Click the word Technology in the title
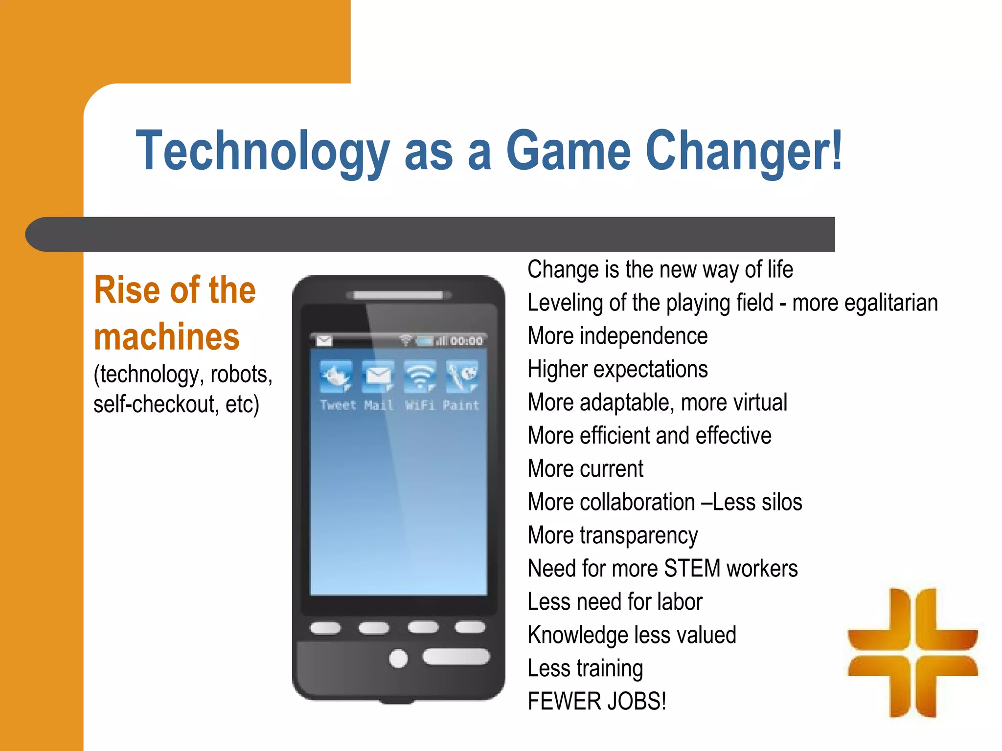pyautogui.click(x=262, y=152)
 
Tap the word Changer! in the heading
pyautogui.click(x=744, y=152)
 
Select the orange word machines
pyautogui.click(x=166, y=337)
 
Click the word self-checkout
pyautogui.click(x=155, y=405)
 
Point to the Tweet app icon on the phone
pyautogui.click(x=336, y=377)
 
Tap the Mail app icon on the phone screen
pyautogui.click(x=378, y=377)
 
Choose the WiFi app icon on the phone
pyautogui.click(x=420, y=377)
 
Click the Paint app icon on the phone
pyautogui.click(x=462, y=377)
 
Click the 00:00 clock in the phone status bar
pyautogui.click(x=466, y=341)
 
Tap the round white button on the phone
pyautogui.click(x=398, y=658)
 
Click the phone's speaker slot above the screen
pyautogui.click(x=398, y=295)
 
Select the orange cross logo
pyautogui.click(x=913, y=653)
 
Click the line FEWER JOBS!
pyautogui.click(x=597, y=702)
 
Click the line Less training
pyautogui.click(x=585, y=668)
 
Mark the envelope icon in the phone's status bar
pyautogui.click(x=324, y=340)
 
